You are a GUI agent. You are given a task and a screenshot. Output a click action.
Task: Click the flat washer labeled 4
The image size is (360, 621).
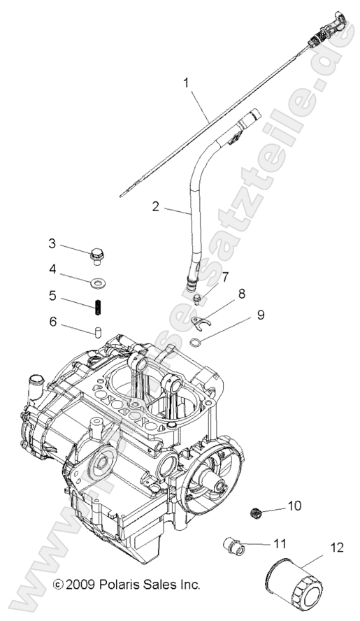pos(97,283)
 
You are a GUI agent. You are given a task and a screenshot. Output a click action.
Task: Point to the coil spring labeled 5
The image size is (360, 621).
pos(97,306)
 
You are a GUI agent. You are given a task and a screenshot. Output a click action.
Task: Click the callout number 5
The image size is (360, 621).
pos(52,296)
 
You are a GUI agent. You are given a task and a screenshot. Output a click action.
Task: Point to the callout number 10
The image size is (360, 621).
pos(294,505)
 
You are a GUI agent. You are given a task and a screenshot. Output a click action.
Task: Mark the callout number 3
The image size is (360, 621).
pos(52,243)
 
